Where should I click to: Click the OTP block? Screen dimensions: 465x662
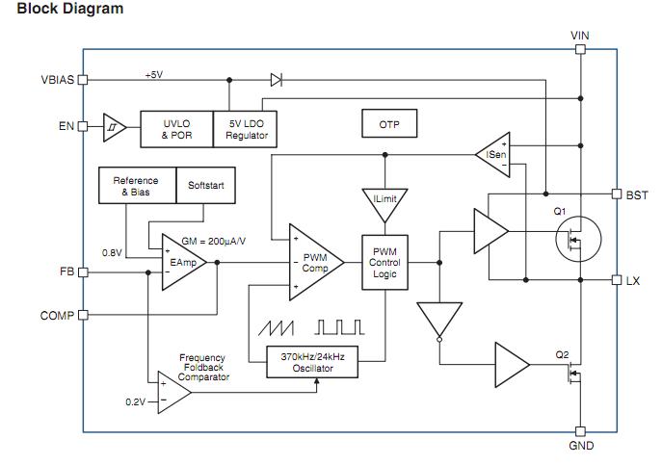coord(388,124)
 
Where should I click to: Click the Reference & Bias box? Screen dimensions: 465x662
coord(136,186)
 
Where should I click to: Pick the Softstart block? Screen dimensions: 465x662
coord(205,186)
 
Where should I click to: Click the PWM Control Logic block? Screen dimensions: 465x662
coord(384,262)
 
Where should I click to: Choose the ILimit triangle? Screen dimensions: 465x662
coord(384,198)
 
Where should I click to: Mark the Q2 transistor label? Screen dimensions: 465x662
coord(563,354)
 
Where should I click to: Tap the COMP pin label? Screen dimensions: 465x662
coord(57,315)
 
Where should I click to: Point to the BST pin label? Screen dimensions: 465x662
coord(637,194)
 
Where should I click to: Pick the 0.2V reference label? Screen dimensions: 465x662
coord(135,401)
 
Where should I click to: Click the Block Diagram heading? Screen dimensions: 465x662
coord(70,9)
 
